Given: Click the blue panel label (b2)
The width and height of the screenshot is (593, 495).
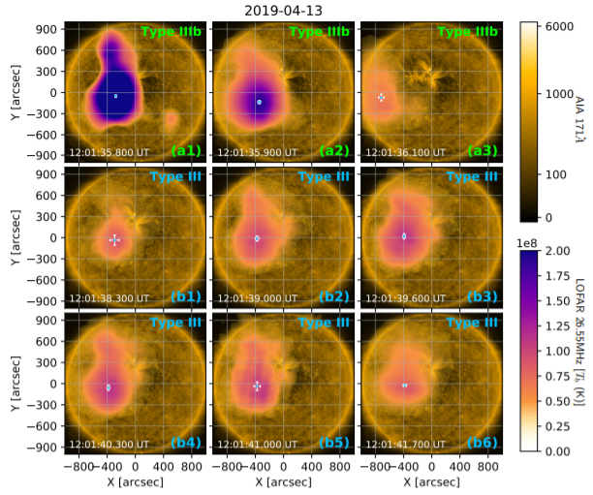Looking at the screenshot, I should [332, 296].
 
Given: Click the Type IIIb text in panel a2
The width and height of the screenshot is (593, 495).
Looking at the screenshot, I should [319, 32].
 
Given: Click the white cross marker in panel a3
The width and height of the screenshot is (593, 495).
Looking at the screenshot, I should [381, 98].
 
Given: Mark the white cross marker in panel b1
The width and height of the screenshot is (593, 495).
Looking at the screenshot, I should [114, 239].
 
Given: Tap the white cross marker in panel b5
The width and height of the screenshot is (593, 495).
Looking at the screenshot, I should [257, 386].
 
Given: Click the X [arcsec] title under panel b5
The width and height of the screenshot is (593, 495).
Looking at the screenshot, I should [281, 481].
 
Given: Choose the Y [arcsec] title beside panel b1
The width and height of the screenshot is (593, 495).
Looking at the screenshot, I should [13, 237].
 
